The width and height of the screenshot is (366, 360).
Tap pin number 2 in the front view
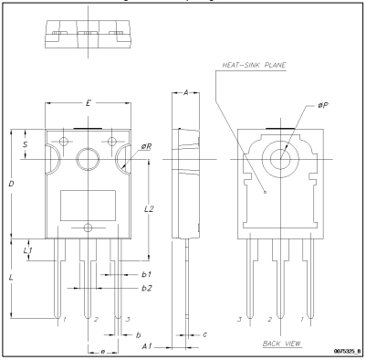(95, 320)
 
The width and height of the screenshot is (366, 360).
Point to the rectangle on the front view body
(88, 202)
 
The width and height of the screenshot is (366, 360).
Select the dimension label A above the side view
(185, 95)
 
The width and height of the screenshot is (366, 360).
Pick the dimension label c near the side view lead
(204, 334)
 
